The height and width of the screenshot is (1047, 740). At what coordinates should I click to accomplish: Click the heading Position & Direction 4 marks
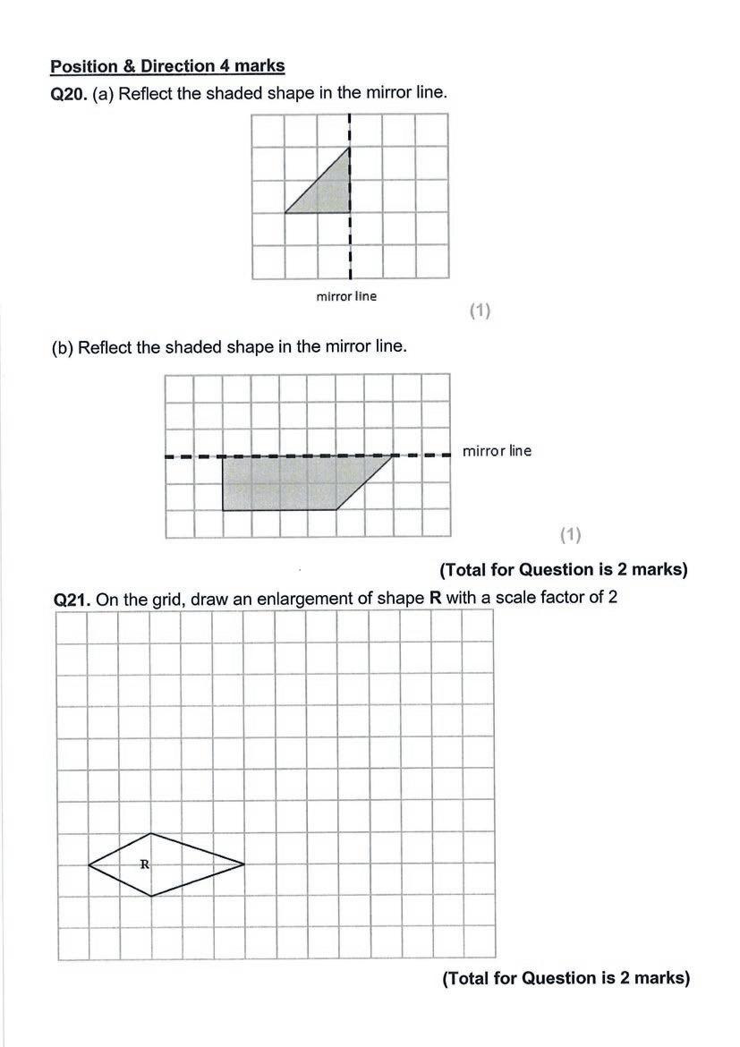click(167, 66)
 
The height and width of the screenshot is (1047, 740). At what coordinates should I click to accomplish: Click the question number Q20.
click(69, 93)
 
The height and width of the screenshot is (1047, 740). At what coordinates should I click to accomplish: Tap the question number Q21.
click(72, 600)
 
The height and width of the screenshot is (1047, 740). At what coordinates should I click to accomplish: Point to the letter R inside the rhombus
click(144, 864)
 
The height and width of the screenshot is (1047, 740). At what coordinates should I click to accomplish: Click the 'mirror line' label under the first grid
click(346, 296)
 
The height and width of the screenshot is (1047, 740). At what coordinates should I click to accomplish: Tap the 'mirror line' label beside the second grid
click(497, 451)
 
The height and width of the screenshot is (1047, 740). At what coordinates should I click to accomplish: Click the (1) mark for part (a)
click(481, 311)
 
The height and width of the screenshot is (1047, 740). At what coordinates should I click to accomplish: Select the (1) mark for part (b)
click(571, 534)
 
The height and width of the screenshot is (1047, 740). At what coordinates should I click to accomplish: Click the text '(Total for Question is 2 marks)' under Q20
click(563, 569)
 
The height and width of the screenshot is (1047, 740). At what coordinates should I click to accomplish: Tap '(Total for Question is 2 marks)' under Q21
click(566, 978)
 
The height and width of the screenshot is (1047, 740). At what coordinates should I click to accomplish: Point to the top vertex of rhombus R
click(151, 833)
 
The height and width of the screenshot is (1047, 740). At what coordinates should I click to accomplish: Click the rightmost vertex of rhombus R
click(244, 864)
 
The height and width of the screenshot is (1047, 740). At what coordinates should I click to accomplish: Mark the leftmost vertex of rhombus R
click(89, 864)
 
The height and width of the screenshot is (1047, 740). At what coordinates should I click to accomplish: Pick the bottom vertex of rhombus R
click(151, 895)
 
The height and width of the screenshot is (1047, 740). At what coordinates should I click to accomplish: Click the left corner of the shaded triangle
click(285, 213)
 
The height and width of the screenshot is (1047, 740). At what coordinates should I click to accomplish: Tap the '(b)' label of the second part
click(63, 347)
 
